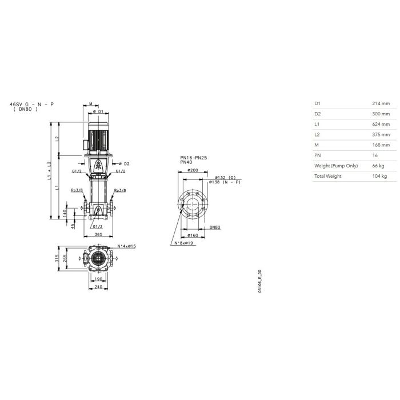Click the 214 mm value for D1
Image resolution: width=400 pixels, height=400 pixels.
(381, 103)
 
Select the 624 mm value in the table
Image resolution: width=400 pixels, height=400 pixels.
(381, 124)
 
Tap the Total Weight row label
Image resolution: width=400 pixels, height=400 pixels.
(327, 176)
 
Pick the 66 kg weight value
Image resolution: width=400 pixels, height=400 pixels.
(378, 166)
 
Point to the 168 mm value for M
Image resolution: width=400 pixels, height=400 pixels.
(381, 145)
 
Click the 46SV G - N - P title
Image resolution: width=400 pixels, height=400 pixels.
(32, 105)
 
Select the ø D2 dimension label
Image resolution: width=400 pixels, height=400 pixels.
(124, 164)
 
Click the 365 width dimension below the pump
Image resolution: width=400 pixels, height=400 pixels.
(98, 234)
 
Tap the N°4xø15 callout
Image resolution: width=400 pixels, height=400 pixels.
(126, 246)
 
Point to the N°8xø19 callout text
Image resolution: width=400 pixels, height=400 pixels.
(183, 243)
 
